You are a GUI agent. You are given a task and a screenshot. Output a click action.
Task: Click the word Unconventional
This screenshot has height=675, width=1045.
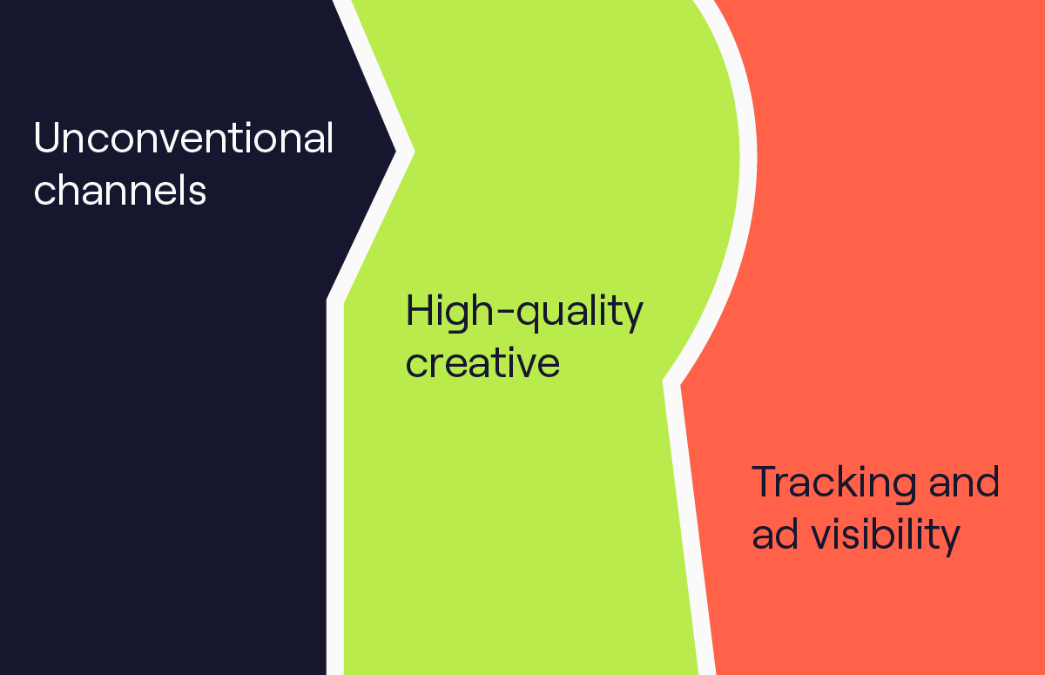point(184,138)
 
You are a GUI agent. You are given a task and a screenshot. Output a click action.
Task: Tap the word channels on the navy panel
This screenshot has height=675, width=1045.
point(120,190)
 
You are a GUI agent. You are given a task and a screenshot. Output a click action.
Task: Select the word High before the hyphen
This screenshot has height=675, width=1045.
point(449,313)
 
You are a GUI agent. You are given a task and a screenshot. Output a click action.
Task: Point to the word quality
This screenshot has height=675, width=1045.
point(580,313)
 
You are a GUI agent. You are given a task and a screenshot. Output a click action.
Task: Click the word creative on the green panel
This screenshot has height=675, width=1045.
point(482,362)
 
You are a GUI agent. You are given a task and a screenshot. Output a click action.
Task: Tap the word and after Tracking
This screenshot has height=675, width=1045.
point(964,482)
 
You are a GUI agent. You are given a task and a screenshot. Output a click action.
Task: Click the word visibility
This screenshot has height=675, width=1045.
point(886,536)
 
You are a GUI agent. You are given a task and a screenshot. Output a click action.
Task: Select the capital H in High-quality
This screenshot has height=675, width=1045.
point(420,310)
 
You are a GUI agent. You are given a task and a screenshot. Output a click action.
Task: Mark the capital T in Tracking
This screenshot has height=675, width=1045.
point(766,482)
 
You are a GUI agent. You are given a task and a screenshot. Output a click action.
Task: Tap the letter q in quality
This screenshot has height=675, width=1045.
point(529,317)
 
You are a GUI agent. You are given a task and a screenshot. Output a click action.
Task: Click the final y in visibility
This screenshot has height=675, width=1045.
point(949,541)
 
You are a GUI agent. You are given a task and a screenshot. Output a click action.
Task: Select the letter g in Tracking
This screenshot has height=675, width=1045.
point(904,489)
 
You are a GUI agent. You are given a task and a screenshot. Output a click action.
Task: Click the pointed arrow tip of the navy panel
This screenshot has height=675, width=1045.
point(396,151)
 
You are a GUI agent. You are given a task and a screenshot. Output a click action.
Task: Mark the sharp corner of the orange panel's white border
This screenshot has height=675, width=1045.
point(663,381)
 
